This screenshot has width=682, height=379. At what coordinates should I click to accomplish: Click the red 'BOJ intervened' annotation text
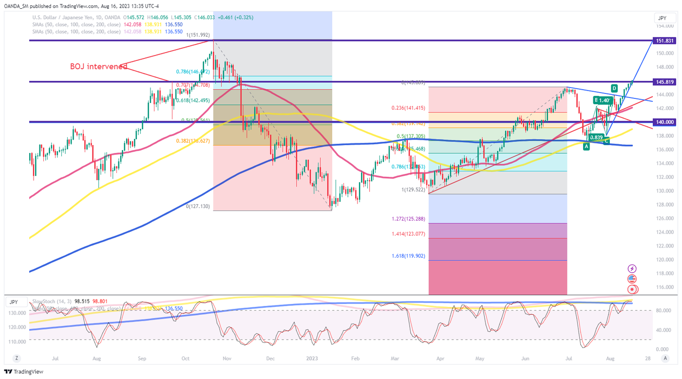pyautogui.click(x=98, y=67)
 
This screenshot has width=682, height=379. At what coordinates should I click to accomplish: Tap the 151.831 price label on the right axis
pyautogui.click(x=664, y=40)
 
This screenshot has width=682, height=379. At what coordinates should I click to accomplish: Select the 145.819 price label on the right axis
pyautogui.click(x=664, y=81)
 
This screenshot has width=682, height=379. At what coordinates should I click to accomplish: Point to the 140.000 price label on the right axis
pyautogui.click(x=664, y=122)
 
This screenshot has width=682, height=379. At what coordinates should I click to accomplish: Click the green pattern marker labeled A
pyautogui.click(x=587, y=146)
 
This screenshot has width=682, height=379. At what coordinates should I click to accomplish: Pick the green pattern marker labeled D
pyautogui.click(x=614, y=88)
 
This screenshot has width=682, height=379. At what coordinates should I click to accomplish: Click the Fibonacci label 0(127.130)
pyautogui.click(x=198, y=207)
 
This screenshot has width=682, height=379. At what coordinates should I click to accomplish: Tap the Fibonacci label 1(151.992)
pyautogui.click(x=198, y=35)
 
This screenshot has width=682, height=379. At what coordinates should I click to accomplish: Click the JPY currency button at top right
pyautogui.click(x=662, y=18)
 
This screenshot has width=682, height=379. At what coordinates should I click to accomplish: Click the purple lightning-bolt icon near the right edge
pyautogui.click(x=632, y=268)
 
